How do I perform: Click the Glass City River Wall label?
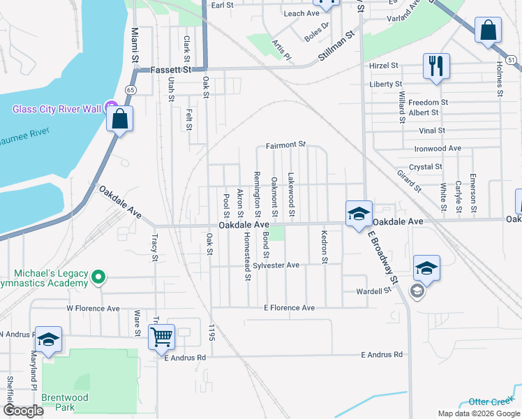pyautogui.click(x=57, y=108)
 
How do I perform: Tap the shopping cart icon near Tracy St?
pyautogui.click(x=161, y=337)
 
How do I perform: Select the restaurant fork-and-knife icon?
pyautogui.click(x=435, y=66)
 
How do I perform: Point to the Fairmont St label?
pyautogui.click(x=285, y=145)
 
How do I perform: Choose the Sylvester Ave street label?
pyautogui.click(x=276, y=265)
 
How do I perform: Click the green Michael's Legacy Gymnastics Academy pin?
pyautogui.click(x=98, y=278)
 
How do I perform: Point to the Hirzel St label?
pyautogui.click(x=383, y=65)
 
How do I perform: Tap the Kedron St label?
pyautogui.click(x=324, y=247)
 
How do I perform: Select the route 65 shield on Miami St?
pyautogui.click(x=130, y=89)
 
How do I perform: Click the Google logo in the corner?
pyautogui.click(x=23, y=411)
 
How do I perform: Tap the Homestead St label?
pyautogui.click(x=247, y=256)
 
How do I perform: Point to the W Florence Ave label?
pyautogui.click(x=93, y=308)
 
